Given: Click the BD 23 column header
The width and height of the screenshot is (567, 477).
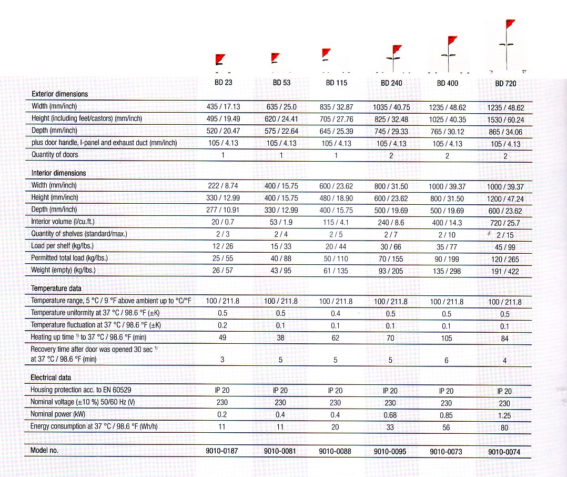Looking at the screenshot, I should coord(223,83).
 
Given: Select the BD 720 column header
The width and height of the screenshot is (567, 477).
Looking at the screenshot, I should coord(505,83).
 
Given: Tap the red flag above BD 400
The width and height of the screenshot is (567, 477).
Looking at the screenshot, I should coord(452,40).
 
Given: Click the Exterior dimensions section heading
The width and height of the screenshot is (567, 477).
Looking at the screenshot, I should coord(60,94).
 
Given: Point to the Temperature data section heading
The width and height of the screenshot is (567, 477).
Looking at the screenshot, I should coord(56,289).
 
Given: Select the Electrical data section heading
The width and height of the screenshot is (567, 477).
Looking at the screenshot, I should coord(50,377).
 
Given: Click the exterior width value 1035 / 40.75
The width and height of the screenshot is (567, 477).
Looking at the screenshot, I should coord(391,107).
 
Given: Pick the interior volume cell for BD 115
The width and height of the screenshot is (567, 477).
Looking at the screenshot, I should coord(336,222).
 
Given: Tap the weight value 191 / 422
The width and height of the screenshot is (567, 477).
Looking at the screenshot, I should coord(504,271).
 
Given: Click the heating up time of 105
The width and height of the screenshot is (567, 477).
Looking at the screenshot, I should coord(447,338).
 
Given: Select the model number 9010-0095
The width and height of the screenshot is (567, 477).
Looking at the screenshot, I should coord(390,452).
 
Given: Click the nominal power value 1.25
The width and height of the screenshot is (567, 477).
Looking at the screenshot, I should coord(504,415).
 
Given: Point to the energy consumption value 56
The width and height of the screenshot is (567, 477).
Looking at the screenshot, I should coord(446,428).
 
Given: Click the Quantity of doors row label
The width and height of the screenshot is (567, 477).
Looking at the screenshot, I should coord(55,155).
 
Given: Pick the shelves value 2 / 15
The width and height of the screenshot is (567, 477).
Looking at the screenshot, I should coord(504,235).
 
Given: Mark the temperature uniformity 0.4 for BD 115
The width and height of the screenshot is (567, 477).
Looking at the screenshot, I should coord(336,314).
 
